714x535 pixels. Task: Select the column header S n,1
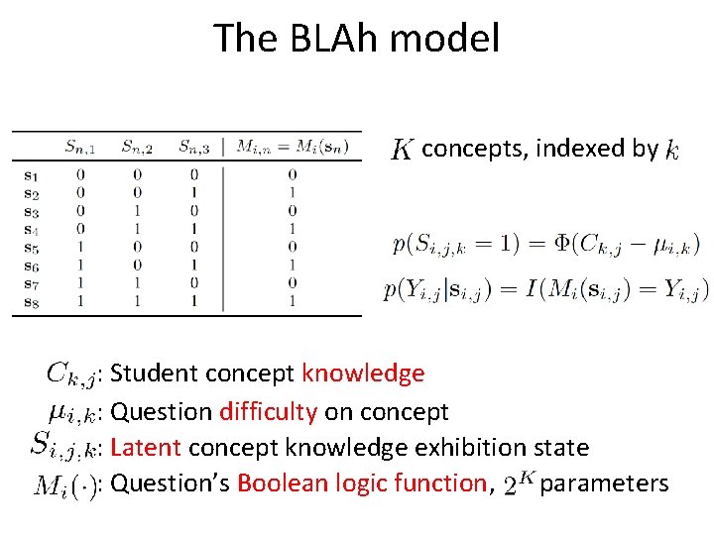pyautogui.click(x=81, y=148)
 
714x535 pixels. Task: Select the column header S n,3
pyautogui.click(x=194, y=148)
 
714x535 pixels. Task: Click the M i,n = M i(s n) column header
pyautogui.click(x=292, y=148)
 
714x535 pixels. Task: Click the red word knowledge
pyautogui.click(x=363, y=374)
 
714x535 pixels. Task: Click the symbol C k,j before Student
pyautogui.click(x=71, y=374)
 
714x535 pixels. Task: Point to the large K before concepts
pyautogui.click(x=402, y=150)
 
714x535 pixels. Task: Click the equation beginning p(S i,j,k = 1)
pyautogui.click(x=546, y=243)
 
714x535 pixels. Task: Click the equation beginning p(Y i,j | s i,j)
pyautogui.click(x=546, y=290)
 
